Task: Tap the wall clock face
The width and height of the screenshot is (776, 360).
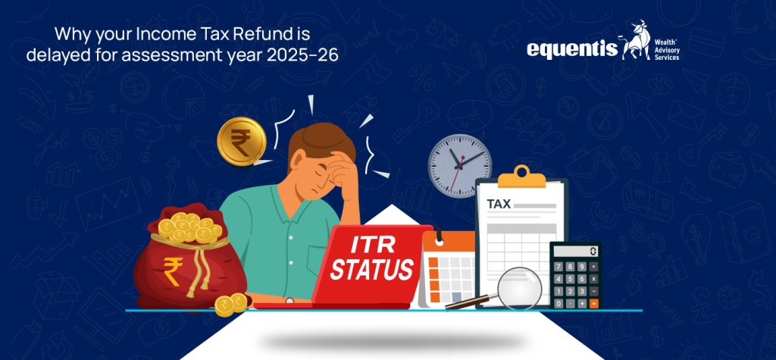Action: click(460, 164)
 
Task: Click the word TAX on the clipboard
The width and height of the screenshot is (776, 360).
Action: click(498, 204)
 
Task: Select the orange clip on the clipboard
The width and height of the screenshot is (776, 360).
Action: click(521, 177)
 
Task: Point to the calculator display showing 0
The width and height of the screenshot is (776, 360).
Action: click(575, 251)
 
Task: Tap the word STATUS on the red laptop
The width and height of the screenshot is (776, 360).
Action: click(372, 270)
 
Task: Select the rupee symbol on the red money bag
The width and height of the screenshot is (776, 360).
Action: click(173, 271)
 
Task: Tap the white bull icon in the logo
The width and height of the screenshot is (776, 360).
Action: click(636, 42)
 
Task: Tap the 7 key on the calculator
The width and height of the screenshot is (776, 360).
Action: click(559, 266)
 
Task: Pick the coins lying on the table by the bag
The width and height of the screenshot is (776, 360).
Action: click(230, 304)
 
